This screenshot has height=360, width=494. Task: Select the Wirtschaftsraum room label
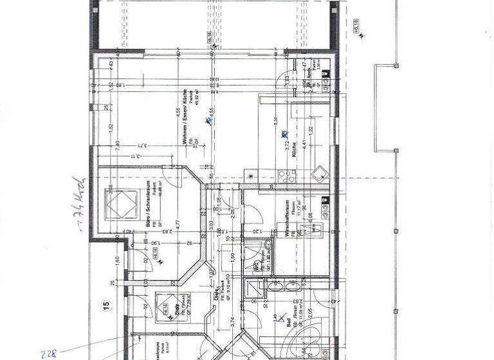click(x=288, y=219)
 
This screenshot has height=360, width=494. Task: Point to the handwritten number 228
click(x=49, y=353)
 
